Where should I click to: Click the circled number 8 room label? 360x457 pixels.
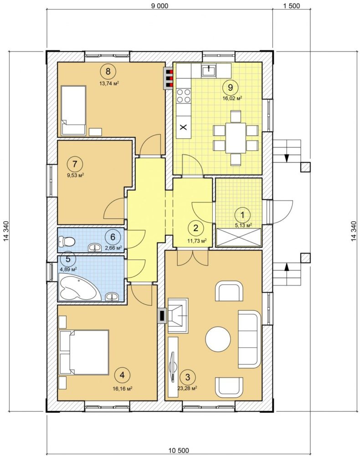(x=108, y=71)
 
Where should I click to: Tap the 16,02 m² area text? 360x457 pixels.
(x=232, y=98)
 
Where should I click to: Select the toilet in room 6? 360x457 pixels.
(x=67, y=241)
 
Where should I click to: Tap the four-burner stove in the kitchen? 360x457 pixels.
(x=184, y=96)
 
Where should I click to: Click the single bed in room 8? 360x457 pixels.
(x=73, y=110)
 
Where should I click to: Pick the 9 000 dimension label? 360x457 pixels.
(x=159, y=6)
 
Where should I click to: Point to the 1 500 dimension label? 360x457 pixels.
(x=291, y=6)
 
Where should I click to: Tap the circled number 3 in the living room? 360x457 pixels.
(x=188, y=377)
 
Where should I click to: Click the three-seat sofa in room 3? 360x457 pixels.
(x=249, y=339)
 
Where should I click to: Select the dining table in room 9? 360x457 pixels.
(x=236, y=138)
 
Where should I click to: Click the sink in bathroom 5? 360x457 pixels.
(x=112, y=297)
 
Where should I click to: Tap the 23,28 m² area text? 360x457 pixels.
(x=187, y=388)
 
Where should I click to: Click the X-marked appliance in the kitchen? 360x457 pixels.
(x=184, y=127)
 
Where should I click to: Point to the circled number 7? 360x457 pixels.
(x=75, y=164)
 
